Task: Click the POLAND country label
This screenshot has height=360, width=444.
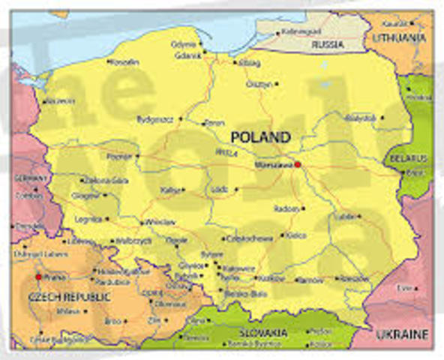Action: click(x=259, y=136)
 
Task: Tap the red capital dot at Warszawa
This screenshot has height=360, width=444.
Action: click(x=298, y=164)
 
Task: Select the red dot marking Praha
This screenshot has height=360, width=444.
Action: click(x=38, y=277)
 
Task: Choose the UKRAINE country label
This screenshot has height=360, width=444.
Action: click(x=401, y=334)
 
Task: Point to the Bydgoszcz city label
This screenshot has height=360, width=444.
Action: click(x=155, y=119)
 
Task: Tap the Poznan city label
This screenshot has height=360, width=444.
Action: click(x=119, y=157)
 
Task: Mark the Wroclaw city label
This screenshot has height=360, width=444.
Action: click(x=160, y=223)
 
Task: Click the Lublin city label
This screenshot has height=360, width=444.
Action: click(x=346, y=215)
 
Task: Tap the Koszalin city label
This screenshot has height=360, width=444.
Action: click(x=124, y=61)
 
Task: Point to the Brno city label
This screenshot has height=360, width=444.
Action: click(x=112, y=320)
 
